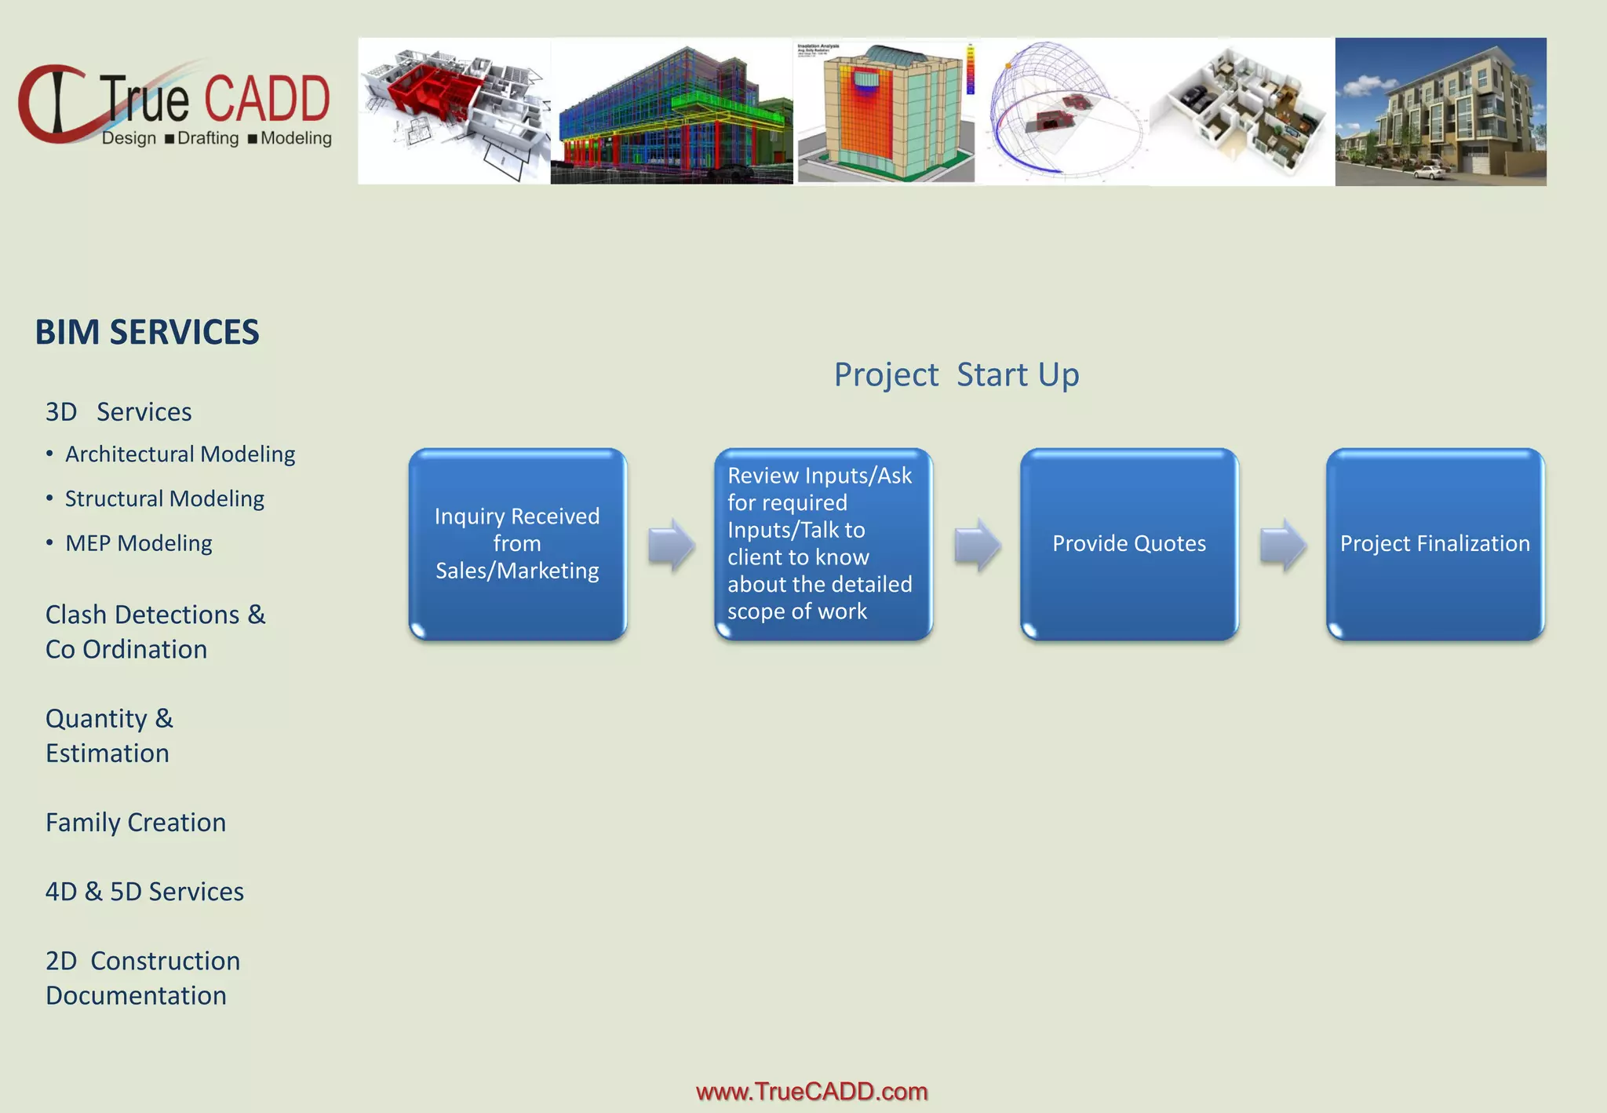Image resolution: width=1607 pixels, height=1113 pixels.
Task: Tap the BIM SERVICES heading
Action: (x=147, y=333)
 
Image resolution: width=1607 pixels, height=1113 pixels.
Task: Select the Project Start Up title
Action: (x=956, y=374)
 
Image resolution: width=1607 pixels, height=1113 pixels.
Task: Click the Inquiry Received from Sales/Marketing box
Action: (x=517, y=544)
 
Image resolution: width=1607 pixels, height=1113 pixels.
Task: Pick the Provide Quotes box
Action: (x=1128, y=544)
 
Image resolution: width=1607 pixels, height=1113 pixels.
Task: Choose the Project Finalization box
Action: (x=1434, y=544)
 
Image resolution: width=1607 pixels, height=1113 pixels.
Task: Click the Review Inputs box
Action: (x=822, y=544)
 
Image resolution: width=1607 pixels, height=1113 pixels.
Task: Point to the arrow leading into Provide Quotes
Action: (x=977, y=545)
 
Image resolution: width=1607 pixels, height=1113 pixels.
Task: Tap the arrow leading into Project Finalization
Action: (x=1283, y=545)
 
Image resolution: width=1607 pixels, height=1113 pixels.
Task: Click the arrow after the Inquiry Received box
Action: (x=672, y=545)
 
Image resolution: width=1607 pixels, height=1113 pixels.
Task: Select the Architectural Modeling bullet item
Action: (x=180, y=454)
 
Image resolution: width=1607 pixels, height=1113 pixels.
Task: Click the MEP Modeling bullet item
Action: (x=138, y=543)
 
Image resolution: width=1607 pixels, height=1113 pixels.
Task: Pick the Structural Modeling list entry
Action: (x=164, y=499)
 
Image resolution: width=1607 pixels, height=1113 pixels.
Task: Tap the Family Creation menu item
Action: (x=136, y=823)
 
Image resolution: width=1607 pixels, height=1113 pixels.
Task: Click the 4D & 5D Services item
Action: (x=144, y=892)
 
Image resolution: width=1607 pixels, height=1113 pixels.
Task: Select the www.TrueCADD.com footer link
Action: (x=811, y=1091)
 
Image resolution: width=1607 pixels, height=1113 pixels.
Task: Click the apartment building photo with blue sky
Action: (x=1440, y=111)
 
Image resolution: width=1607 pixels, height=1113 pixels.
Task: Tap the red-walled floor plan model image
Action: (x=454, y=111)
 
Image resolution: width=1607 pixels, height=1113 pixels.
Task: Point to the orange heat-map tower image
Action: (x=886, y=111)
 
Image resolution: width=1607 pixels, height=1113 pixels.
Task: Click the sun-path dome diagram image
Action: (x=1064, y=111)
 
